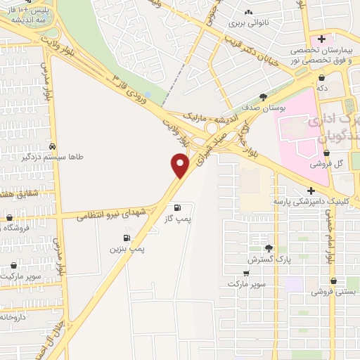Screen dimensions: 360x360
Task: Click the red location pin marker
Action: pyautogui.click(x=181, y=165)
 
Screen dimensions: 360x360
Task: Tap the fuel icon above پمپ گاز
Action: pyautogui.click(x=176, y=207)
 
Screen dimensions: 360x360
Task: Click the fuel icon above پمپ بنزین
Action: pyautogui.click(x=127, y=238)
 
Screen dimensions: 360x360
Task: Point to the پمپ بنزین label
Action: pyautogui.click(x=127, y=249)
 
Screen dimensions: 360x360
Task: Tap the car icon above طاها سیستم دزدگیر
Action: pyautogui.click(x=53, y=146)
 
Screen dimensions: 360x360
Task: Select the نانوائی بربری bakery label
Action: pyautogui.click(x=248, y=22)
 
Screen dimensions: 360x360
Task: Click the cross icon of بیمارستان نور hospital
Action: pyautogui.click(x=321, y=39)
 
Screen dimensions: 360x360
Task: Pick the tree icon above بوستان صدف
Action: pyautogui.click(x=264, y=97)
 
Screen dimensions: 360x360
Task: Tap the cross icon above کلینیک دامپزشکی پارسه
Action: pyautogui.click(x=311, y=191)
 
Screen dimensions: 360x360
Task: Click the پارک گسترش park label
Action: pyautogui.click(x=268, y=259)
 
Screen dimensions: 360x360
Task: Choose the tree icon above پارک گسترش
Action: pyautogui.click(x=268, y=248)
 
